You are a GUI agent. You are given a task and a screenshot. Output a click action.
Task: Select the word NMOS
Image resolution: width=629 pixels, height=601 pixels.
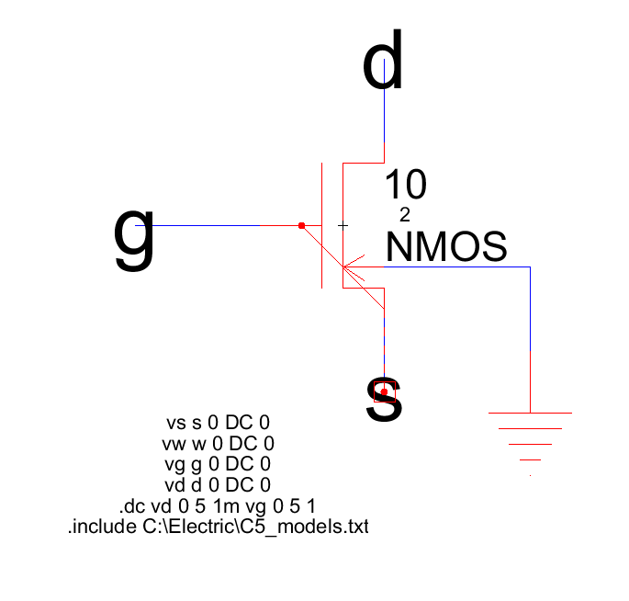click(x=446, y=248)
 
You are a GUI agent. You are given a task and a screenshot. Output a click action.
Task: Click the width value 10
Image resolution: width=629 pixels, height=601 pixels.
click(x=405, y=186)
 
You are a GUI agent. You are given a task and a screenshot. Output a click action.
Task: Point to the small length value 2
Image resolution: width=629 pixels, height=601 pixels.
click(x=405, y=215)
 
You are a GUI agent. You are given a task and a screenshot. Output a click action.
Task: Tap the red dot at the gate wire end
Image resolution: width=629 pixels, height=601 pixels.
click(x=301, y=225)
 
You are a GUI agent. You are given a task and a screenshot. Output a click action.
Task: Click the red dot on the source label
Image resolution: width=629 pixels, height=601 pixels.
click(x=385, y=392)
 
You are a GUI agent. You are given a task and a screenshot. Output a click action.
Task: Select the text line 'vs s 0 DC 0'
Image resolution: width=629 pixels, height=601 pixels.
click(x=218, y=424)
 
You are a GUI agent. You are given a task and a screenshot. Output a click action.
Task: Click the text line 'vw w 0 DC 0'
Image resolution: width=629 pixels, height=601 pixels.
click(x=217, y=444)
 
